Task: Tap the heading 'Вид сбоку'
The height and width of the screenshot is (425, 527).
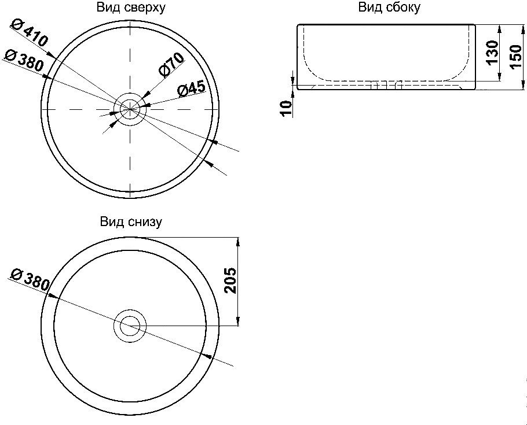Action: (x=389, y=8)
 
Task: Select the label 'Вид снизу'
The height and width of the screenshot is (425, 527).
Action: (x=131, y=222)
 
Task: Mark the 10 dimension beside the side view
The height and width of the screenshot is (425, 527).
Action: (x=285, y=107)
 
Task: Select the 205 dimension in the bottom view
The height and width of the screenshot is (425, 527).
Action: (x=229, y=280)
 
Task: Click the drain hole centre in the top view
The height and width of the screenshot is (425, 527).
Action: (x=130, y=109)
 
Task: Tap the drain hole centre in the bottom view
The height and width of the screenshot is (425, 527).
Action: (x=130, y=326)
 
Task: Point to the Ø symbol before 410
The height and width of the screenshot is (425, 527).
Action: (x=17, y=25)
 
